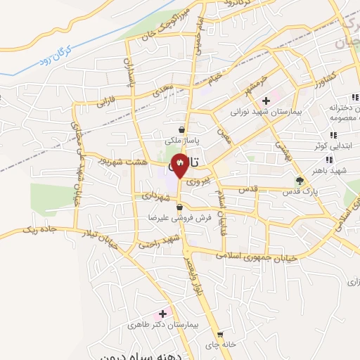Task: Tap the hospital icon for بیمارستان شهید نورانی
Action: click(x=266, y=101)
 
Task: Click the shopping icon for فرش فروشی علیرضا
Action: click(x=181, y=207)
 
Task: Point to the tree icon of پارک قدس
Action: click(x=300, y=181)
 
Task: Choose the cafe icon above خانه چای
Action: click(x=221, y=335)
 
